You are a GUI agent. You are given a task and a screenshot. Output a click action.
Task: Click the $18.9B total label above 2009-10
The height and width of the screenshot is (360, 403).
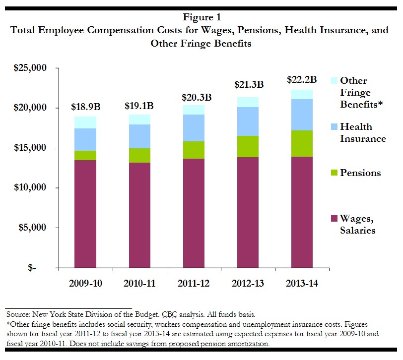tap(85, 108)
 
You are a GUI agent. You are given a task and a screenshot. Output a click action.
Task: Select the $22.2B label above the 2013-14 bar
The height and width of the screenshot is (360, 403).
tap(302, 80)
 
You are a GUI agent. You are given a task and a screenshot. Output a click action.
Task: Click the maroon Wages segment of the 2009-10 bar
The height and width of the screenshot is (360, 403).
tap(85, 213)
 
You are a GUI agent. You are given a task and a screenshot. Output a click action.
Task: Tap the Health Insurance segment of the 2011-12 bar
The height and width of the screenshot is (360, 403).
tap(194, 128)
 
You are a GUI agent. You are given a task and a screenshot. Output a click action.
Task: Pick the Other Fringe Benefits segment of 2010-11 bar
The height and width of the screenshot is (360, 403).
tap(139, 119)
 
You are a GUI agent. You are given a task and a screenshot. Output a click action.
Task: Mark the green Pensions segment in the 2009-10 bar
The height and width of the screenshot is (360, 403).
tap(85, 155)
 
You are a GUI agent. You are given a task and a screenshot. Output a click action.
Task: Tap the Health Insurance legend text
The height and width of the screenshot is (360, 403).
tap(362, 133)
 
